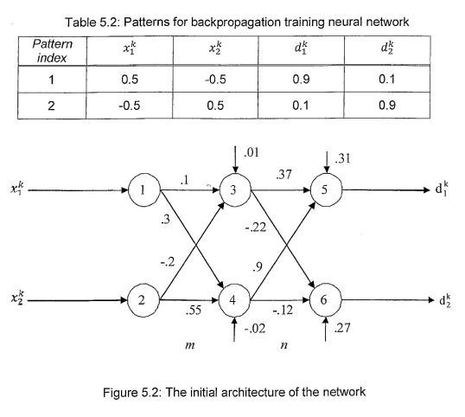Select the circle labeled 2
140,302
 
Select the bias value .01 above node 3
252,154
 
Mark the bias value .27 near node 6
343,330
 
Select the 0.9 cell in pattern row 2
397,111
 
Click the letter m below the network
188,345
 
